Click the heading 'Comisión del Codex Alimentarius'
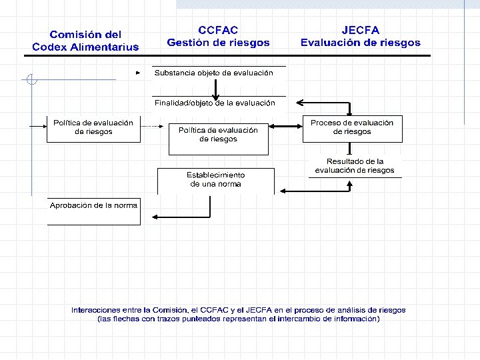coord(85,41)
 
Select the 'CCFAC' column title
coord(218,30)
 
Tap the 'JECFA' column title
coord(360,30)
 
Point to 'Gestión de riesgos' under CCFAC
coord(218,43)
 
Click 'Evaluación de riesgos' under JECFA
coord(360,43)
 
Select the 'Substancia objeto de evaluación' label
coord(213,73)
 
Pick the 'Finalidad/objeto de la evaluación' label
coord(215,103)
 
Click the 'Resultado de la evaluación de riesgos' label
coord(355,166)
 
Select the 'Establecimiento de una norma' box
coord(215,179)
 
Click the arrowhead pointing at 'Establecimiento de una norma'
coord(283,191)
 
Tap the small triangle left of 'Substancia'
coord(138,72)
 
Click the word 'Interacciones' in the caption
coord(97,310)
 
